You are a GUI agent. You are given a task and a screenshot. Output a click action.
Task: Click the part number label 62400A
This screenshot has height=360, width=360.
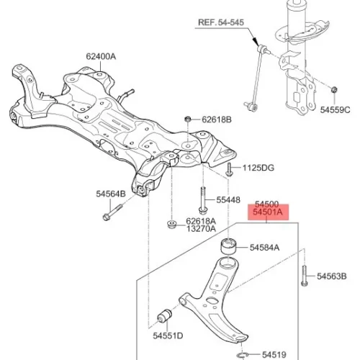[101, 57]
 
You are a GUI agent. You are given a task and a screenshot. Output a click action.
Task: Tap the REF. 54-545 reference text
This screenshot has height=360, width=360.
[221, 22]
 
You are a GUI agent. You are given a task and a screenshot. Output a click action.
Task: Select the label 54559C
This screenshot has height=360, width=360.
[335, 110]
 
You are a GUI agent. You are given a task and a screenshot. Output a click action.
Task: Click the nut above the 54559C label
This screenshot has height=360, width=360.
[334, 90]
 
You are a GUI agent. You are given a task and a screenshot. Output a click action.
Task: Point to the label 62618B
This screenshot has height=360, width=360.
[217, 120]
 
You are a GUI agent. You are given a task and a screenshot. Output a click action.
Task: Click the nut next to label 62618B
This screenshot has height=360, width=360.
[188, 119]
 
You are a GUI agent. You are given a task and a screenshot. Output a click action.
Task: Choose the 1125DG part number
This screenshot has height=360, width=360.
[258, 168]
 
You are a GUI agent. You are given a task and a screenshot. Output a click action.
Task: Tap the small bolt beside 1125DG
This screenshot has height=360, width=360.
[229, 169]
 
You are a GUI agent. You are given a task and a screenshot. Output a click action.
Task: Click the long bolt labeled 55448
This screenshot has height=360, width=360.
[202, 200]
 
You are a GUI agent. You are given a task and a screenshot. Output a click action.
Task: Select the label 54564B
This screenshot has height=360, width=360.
[111, 194]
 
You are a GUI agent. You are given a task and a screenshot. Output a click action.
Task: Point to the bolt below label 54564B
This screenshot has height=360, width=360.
[112, 212]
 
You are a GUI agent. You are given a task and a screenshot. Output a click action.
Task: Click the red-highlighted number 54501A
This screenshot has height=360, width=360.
[268, 212]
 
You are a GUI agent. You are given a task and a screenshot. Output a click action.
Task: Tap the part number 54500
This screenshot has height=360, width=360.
[266, 204]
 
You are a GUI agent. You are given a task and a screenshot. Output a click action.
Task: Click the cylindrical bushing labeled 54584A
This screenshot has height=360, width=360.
[228, 246]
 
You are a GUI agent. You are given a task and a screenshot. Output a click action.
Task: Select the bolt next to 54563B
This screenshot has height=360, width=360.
[305, 276]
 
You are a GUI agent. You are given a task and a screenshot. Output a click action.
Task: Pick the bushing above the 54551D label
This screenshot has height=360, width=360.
[165, 317]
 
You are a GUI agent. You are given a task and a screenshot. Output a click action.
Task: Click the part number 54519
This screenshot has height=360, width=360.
[274, 354]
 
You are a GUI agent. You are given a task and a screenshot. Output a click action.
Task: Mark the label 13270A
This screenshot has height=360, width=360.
[201, 229]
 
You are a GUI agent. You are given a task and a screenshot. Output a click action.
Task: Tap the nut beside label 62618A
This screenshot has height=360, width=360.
[171, 224]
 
